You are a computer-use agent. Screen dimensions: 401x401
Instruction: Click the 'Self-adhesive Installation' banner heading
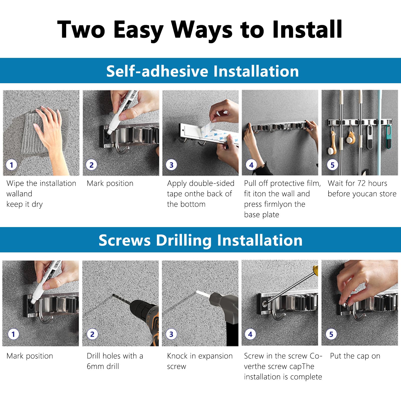[203, 71]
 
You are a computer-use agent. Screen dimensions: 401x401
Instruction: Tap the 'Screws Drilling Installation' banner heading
[200, 240]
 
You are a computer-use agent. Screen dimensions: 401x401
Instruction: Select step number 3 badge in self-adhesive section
[171, 165]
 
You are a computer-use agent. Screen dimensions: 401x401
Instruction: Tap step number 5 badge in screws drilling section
[331, 334]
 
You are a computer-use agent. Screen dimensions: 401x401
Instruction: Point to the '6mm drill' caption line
[103, 366]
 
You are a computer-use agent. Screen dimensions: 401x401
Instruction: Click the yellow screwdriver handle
[315, 270]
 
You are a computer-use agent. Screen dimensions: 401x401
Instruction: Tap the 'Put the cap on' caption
[355, 356]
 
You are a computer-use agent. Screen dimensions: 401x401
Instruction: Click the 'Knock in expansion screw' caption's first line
[200, 356]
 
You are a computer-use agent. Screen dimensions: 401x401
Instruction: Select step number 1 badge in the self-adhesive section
[12, 165]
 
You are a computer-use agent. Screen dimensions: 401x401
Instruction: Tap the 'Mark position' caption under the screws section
[30, 356]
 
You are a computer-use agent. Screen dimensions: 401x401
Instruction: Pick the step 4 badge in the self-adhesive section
[251, 165]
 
